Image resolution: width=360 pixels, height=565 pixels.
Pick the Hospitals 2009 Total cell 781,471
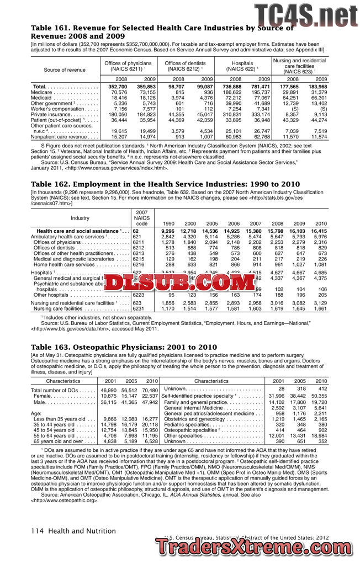260,87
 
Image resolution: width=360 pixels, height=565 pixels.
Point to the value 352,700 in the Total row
118,87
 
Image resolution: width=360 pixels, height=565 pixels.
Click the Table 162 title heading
165,184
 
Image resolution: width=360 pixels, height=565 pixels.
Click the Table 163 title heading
124,347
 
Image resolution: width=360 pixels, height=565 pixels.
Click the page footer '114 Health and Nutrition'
73,531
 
